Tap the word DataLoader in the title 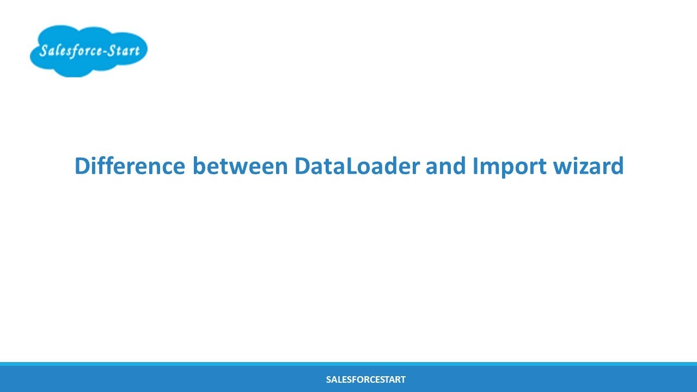357,166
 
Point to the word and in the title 445,166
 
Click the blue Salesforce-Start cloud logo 88,51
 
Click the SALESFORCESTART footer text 365,379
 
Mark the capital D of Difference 82,166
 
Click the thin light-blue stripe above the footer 348,364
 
